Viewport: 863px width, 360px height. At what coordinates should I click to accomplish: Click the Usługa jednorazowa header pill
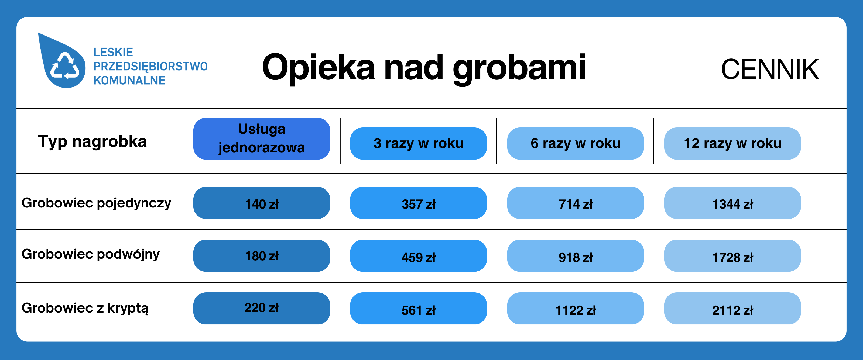click(262, 139)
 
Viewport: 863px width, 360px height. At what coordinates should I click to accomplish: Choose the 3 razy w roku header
click(419, 143)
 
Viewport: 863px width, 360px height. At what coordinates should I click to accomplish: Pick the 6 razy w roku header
click(575, 143)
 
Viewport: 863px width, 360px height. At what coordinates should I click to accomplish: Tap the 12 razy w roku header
click(732, 143)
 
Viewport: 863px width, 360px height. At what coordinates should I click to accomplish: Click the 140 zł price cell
click(262, 203)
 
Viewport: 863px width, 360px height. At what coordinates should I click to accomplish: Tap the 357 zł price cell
click(419, 203)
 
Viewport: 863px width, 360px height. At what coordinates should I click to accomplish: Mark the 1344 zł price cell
click(732, 203)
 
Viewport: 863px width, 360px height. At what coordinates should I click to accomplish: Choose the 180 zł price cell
click(262, 255)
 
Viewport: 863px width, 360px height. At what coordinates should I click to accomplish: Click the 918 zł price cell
click(575, 255)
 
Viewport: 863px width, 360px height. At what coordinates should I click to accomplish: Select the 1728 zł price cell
click(732, 255)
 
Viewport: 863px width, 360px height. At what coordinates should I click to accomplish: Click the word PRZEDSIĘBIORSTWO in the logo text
click(150, 67)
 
